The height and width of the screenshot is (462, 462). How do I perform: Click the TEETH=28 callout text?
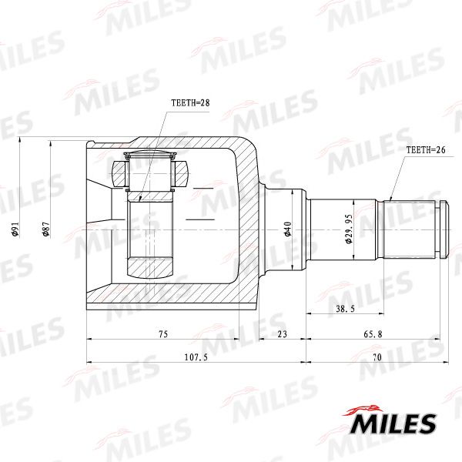tap(190, 103)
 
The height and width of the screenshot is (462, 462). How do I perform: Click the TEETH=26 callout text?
tap(426, 149)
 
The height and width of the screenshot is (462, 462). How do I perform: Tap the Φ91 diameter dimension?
tap(15, 229)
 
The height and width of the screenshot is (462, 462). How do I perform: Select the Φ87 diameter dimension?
tap(46, 229)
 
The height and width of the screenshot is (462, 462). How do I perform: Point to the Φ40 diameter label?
tap(287, 229)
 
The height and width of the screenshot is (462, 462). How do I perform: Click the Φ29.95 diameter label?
tap(349, 229)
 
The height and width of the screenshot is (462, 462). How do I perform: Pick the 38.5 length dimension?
tap(345, 309)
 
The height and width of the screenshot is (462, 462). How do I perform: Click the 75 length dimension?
tap(163, 334)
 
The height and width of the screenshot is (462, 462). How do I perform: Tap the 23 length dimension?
tap(283, 334)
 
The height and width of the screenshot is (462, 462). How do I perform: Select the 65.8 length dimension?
tap(373, 334)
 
